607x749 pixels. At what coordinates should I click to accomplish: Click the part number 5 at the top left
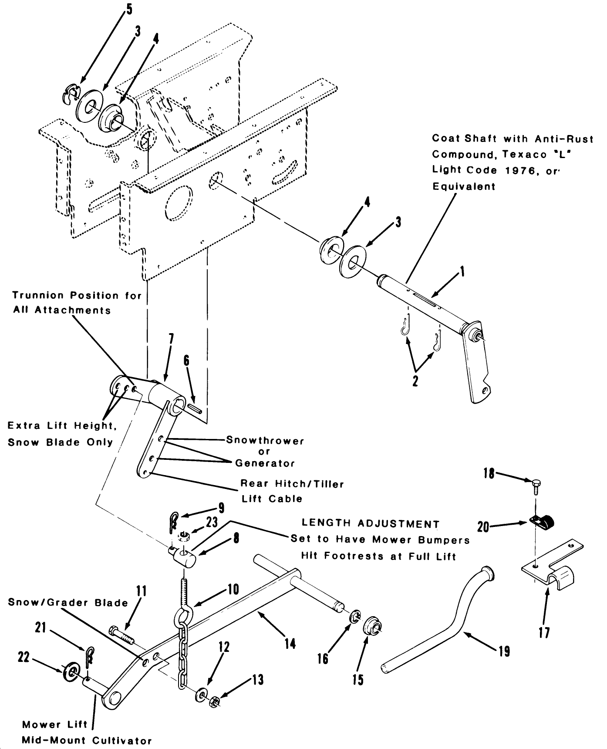[x=129, y=10]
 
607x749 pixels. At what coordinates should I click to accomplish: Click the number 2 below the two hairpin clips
[x=415, y=381]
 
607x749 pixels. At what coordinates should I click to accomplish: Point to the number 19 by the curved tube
[x=504, y=651]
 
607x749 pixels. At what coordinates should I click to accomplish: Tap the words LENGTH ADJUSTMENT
[x=371, y=524]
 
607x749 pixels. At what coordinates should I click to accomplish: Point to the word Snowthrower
[x=265, y=440]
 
